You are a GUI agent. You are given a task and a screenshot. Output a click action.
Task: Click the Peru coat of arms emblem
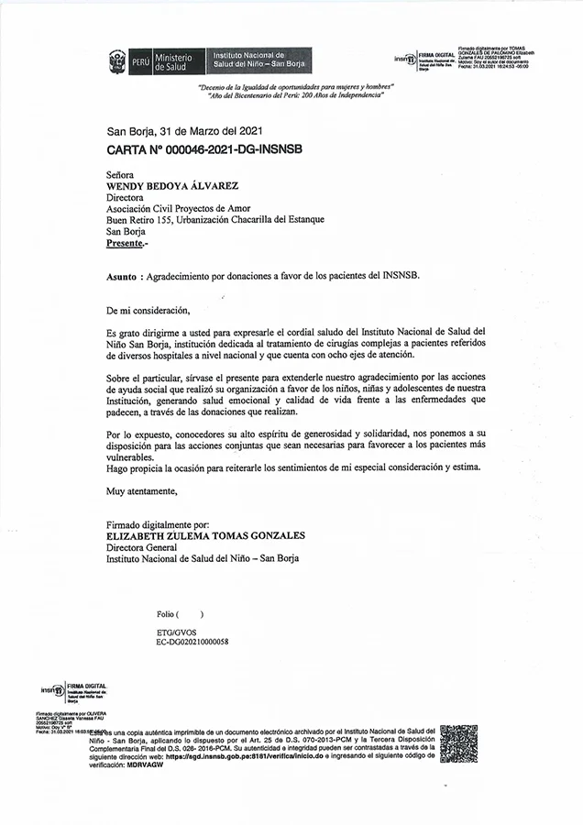117,61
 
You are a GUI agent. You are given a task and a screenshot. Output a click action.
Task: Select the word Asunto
123,274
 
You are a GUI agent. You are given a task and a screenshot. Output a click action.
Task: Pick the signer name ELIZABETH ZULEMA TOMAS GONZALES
205,535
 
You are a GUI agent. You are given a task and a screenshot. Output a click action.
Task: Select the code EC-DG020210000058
192,642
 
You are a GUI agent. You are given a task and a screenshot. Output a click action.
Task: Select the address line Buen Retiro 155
214,219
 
